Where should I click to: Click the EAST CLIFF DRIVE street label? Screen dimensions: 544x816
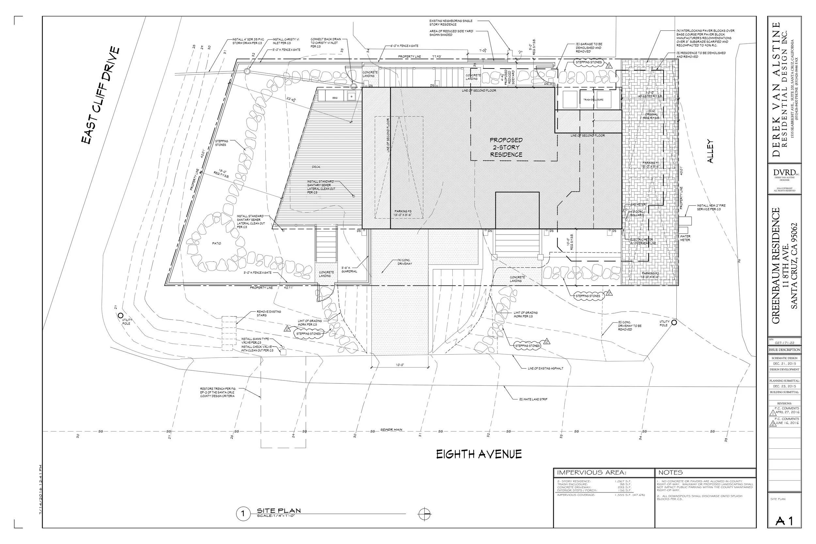click(101, 95)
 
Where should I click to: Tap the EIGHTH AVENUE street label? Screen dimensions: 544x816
click(479, 454)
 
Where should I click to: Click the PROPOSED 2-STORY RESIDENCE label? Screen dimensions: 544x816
click(506, 148)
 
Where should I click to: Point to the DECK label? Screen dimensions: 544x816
click(316, 167)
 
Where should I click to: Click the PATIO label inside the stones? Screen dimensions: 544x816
click(216, 243)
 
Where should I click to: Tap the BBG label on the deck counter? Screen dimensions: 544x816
click(335, 98)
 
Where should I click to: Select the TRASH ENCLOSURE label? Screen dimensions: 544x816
click(593, 100)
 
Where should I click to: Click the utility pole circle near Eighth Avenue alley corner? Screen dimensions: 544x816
click(674, 322)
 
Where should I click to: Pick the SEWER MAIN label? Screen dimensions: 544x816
click(391, 429)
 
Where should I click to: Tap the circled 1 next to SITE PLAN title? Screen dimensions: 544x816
click(243, 514)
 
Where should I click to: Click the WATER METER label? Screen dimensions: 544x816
click(685, 238)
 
